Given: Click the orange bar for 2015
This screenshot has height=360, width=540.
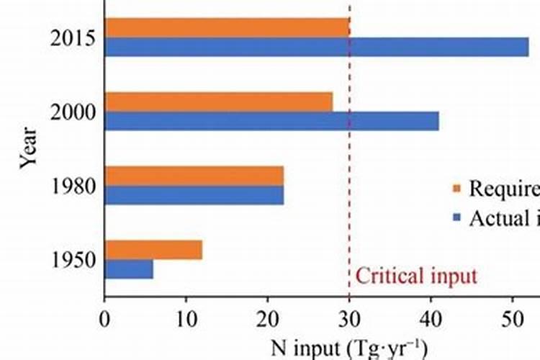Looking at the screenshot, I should pyautogui.click(x=227, y=27).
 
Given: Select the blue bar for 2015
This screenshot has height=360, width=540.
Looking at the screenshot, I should pyautogui.click(x=317, y=47).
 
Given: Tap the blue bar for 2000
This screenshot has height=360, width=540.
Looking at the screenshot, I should pyautogui.click(x=271, y=120).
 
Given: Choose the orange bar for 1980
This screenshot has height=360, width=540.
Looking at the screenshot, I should pyautogui.click(x=194, y=176).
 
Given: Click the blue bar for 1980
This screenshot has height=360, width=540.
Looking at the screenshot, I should pyautogui.click(x=194, y=194).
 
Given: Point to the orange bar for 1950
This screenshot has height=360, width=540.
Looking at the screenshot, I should pyautogui.click(x=153, y=250).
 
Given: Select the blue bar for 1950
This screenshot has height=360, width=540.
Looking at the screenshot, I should pyautogui.click(x=129, y=269).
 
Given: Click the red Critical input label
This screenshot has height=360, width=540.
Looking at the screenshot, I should pyautogui.click(x=417, y=276).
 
